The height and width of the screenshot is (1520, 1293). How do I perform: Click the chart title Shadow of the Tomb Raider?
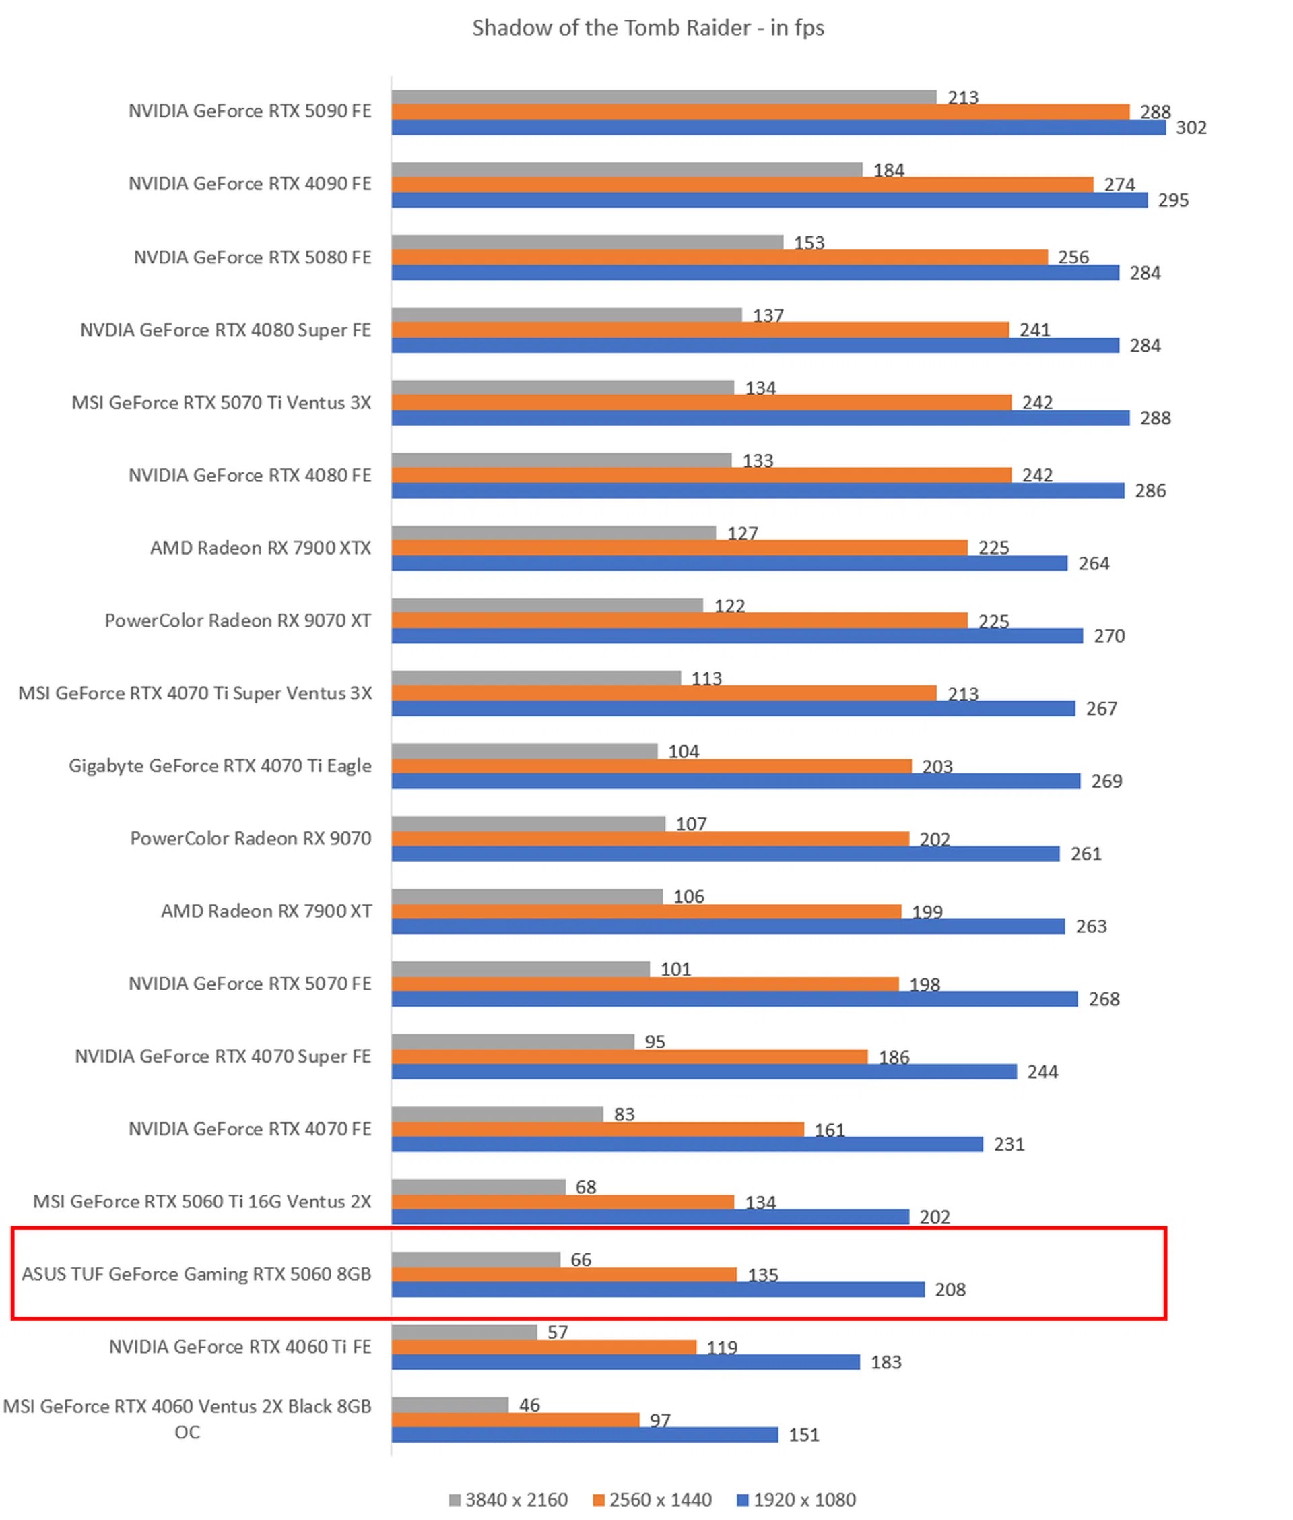coord(647,28)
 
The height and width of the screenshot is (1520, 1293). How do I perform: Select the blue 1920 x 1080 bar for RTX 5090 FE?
coord(778,127)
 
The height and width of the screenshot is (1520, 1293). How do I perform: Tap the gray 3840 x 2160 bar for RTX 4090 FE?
coord(627,169)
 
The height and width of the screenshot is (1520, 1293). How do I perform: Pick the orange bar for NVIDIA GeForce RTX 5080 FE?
coord(719,257)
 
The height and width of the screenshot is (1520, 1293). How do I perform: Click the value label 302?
coord(1191,127)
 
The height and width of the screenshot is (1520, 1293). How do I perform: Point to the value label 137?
coord(768,315)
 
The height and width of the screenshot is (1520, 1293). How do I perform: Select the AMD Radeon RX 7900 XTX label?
coord(260,548)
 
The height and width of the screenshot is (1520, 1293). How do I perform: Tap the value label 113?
coord(706,678)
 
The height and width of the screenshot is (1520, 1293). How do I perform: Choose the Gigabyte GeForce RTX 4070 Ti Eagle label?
coord(220,765)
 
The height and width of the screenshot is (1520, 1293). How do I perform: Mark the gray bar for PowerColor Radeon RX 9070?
coord(528,823)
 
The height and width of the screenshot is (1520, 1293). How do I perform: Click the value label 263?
coord(1091,926)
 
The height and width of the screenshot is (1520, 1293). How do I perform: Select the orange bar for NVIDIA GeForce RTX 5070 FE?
coord(645,984)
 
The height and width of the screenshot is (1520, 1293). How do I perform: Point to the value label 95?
coord(655,1041)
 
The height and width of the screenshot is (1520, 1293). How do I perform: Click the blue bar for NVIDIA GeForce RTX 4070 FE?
coord(687,1144)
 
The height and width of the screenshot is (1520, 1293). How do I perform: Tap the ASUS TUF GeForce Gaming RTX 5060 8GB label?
coord(197,1273)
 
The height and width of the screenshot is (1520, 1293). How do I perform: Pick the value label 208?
coord(950,1289)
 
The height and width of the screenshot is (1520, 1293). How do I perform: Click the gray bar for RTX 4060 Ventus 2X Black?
coord(450,1404)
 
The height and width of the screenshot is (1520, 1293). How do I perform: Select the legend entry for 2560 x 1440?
coord(652,1500)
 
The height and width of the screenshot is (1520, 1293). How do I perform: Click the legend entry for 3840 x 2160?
coord(508,1500)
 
